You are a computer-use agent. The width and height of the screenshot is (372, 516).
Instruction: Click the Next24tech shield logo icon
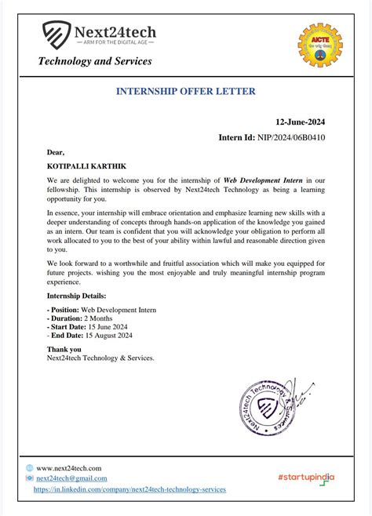point(56,35)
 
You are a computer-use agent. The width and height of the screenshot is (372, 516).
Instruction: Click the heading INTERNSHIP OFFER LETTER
point(186,91)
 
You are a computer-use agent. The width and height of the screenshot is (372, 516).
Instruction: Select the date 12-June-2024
point(300,122)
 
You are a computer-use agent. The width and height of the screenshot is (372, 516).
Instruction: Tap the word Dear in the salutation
point(56,151)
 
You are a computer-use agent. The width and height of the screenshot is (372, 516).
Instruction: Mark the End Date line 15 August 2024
point(89,337)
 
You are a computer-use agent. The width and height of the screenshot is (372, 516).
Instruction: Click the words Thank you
point(64,349)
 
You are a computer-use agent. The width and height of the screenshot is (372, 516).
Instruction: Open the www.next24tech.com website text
point(69,468)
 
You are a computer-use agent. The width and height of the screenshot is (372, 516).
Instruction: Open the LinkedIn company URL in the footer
point(129,489)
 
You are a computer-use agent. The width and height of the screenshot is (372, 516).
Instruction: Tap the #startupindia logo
point(305,477)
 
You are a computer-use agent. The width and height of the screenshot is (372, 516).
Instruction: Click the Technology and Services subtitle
point(95,61)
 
